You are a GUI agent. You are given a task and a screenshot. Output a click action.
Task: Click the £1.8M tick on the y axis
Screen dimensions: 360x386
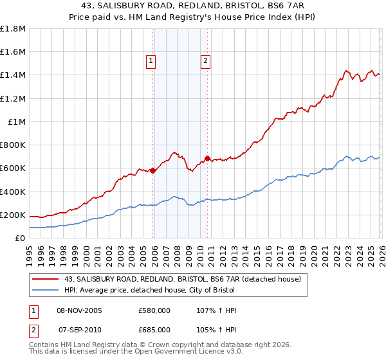coord(13,29)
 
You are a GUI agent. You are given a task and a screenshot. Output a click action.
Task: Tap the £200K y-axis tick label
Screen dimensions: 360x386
coord(13,215)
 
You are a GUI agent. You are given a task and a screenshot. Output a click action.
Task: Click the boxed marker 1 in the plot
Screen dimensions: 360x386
coord(151,62)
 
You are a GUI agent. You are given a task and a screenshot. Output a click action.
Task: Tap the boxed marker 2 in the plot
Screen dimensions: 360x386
coord(205,62)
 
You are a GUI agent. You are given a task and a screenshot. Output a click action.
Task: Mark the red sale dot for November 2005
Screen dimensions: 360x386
coord(152,170)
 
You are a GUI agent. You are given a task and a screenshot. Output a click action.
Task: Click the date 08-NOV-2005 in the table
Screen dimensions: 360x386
coord(80,310)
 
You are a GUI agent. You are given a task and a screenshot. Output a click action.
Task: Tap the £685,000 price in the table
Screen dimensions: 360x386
coord(154,328)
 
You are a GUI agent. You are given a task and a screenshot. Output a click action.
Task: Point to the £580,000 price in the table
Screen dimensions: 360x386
coord(154,310)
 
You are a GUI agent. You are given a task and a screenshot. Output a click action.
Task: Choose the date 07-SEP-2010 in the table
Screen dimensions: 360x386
coord(80,328)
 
